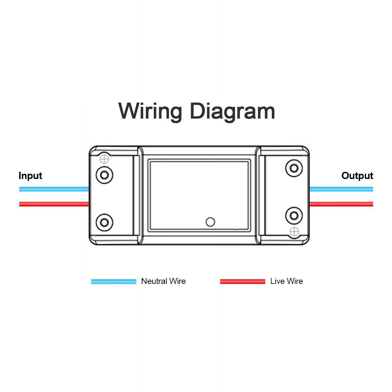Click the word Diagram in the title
[x=232, y=111]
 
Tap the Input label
[x=30, y=176]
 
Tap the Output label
[x=357, y=176]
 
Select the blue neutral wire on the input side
[x=54, y=189]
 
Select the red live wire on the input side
[x=54, y=204]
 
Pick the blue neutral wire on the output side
[x=341, y=189]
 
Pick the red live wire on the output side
[x=341, y=204]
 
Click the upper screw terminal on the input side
[x=104, y=175]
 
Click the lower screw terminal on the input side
[x=104, y=222]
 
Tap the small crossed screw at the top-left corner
[x=104, y=159]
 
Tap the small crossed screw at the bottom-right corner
[x=294, y=232]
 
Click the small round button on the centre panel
[x=210, y=222]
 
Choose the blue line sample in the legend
[x=113, y=281]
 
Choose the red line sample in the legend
[x=242, y=281]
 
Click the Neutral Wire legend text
[x=163, y=281]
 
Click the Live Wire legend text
[x=286, y=281]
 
